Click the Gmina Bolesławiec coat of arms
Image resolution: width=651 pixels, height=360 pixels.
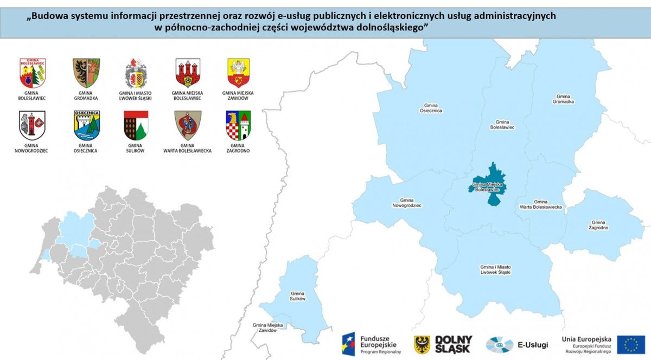click(x=32, y=73)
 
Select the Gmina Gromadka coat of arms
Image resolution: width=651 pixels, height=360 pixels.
click(x=86, y=73)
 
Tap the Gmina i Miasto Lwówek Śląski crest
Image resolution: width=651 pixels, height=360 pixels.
click(x=136, y=73)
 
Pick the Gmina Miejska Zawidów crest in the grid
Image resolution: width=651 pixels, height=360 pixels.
click(x=238, y=73)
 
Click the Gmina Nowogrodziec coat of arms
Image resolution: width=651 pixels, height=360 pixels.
click(x=32, y=125)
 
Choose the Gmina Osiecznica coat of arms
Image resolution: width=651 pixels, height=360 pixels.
click(x=86, y=125)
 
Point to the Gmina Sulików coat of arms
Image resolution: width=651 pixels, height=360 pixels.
click(x=136, y=125)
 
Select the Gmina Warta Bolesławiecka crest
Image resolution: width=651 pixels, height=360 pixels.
click(x=188, y=125)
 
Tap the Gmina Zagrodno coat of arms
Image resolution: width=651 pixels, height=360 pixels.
click(x=238, y=125)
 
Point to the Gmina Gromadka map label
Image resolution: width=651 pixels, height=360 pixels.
click(x=563, y=99)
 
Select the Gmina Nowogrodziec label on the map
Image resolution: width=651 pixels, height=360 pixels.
click(x=407, y=203)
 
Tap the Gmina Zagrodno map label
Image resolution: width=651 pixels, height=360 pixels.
click(x=598, y=225)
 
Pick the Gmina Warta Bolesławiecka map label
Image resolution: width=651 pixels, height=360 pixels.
click(x=540, y=204)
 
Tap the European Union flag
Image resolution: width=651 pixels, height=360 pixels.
click(x=630, y=344)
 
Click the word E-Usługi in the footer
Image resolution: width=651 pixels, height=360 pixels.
click(x=533, y=345)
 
